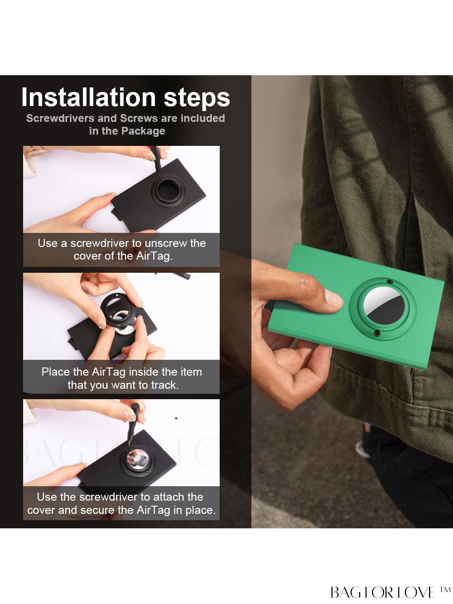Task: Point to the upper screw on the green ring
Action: [x=389, y=282]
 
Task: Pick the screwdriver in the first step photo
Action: [x=156, y=162]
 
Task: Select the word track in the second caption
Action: [x=164, y=385]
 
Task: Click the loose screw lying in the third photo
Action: [x=176, y=418]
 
